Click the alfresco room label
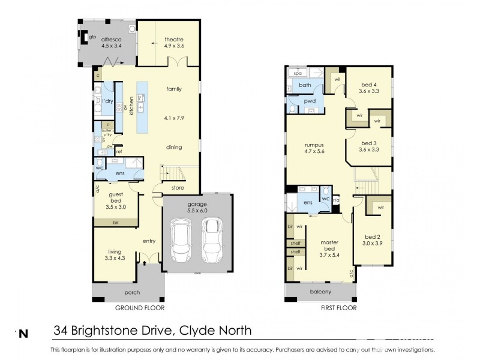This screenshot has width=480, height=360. click(112, 38)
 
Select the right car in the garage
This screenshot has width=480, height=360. click(211, 239)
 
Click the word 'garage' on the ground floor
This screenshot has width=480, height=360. click(196, 204)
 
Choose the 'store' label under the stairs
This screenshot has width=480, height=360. click(178, 188)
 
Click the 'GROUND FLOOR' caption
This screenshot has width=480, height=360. click(140, 308)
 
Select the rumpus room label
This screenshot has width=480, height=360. click(314, 145)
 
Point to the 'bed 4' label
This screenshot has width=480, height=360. click(369, 85)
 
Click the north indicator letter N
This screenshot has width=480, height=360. click(23, 332)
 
